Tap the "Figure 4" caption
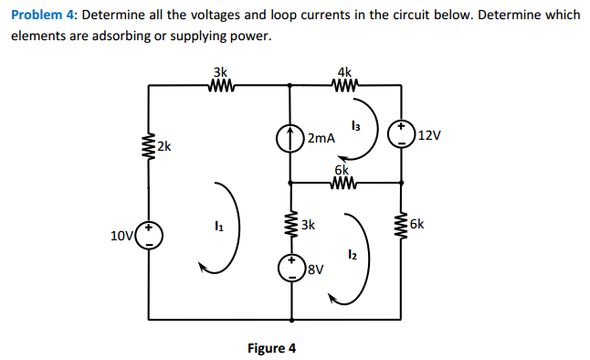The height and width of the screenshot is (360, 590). coord(271,348)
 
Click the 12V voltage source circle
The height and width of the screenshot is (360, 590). coord(400,136)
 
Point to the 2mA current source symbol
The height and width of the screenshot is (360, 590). coord(290,138)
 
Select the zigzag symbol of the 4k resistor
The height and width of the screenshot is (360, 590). coord(344,87)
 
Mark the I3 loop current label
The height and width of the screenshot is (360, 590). coord(353,123)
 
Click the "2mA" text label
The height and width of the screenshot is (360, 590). coord(321,139)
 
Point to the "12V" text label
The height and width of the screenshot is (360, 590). coord(428,136)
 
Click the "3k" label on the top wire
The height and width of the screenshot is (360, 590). coord(220,71)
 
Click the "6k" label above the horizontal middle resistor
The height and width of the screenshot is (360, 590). coord(342,170)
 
